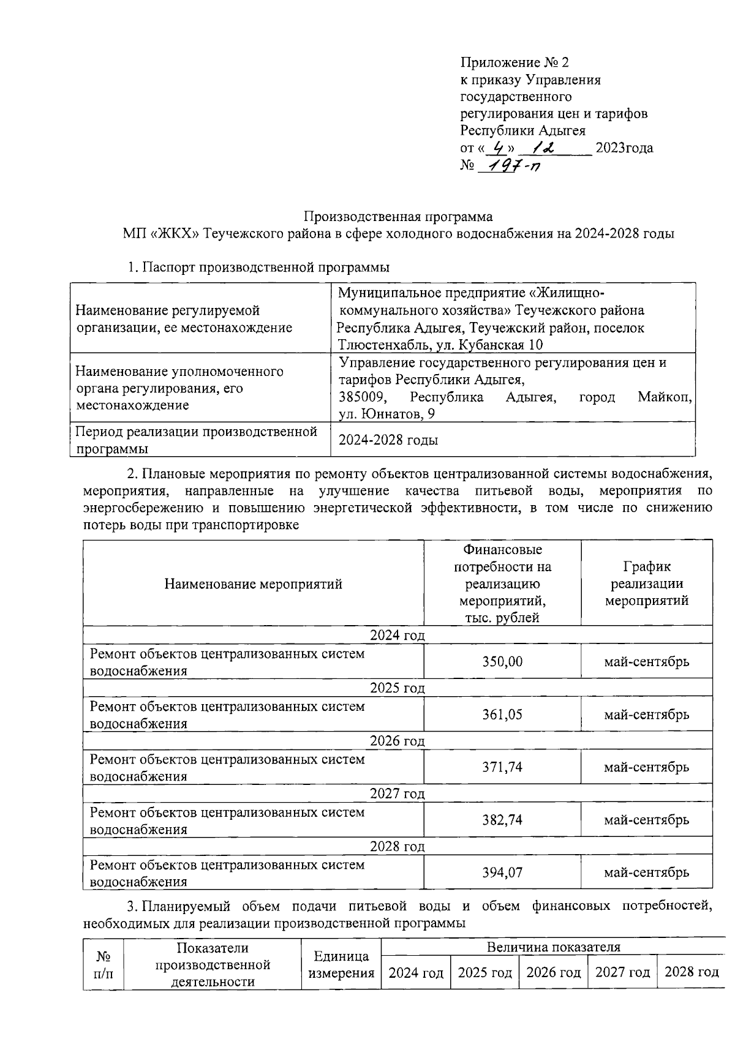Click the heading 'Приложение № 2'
coord(514,62)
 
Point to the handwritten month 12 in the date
coord(542,148)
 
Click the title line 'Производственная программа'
coord(398,217)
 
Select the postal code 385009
coord(362,397)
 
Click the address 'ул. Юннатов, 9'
coord(386,414)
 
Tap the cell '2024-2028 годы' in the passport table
coord(388,440)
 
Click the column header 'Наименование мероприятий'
coord(253,583)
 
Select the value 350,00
coord(502,662)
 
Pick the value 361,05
coord(502,715)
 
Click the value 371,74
coord(502,767)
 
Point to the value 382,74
coord(502,820)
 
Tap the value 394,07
coord(502,872)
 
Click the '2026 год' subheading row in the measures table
coord(397,741)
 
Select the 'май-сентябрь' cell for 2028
coord(646,872)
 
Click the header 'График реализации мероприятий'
coord(646,583)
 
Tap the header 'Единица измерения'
coord(341,964)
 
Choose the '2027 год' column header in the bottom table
coord(622,972)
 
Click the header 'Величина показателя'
coord(553,947)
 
